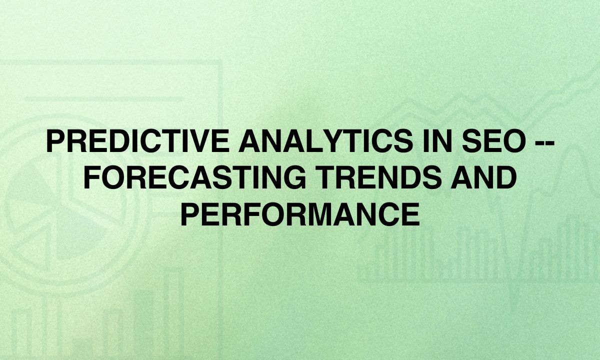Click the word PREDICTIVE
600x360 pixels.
pos(138,141)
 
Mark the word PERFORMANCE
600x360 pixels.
pos(300,214)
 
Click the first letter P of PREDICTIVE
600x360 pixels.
pos(56,141)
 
